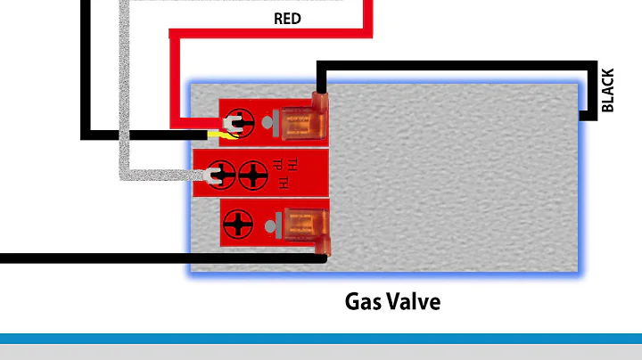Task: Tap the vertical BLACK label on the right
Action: (609, 90)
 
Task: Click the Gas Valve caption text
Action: (392, 301)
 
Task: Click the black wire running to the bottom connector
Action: (134, 258)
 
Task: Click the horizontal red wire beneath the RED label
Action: (267, 33)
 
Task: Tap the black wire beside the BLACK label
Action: (589, 89)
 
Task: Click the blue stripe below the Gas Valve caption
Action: (321, 338)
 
